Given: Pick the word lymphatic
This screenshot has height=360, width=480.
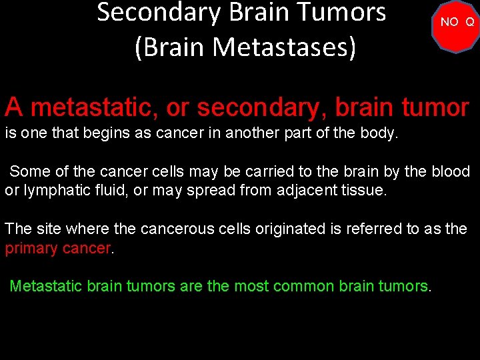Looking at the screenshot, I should coord(55,190).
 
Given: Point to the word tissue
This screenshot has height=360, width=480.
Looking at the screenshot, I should coord(361,190).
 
